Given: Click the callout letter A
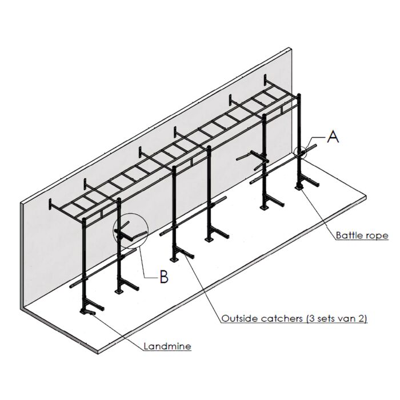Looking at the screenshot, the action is click(333, 137).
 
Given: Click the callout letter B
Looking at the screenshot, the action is click(164, 277).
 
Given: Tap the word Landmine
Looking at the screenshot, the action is click(167, 346).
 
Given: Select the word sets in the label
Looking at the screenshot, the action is click(326, 318).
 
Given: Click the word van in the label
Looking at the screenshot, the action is click(346, 319).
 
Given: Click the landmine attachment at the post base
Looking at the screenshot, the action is click(87, 311).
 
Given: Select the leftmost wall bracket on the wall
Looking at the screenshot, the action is click(50, 204).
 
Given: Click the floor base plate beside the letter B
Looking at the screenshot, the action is click(119, 291).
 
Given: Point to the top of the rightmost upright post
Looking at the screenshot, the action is click(299, 94).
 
